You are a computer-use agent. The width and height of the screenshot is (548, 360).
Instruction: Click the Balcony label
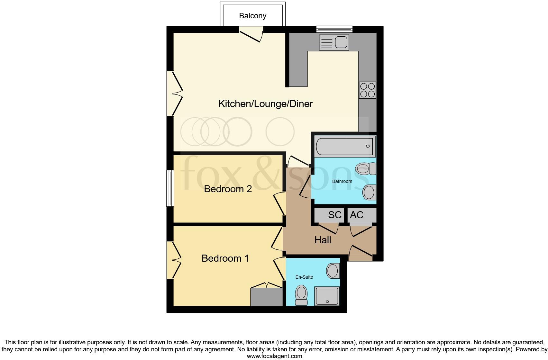[x=252, y=16]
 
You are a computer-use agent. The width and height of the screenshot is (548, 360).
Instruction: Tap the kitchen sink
[x=334, y=42]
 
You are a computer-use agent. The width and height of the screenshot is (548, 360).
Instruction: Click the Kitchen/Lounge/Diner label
[x=265, y=104]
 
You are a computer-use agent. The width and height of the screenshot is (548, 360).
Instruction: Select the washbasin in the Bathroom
[x=369, y=193]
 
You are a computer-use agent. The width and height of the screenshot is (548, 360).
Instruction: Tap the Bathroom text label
[x=342, y=181]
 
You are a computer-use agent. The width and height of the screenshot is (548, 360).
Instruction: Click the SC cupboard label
[x=334, y=215]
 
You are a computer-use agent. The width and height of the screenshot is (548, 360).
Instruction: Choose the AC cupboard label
[x=356, y=215]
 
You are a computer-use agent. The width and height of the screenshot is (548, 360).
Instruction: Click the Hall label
[x=323, y=240]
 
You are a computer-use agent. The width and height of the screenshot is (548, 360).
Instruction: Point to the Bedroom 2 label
[x=228, y=189]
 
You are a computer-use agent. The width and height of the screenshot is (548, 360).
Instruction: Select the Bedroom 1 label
[x=225, y=258]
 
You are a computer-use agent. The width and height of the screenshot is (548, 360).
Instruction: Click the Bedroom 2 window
[x=170, y=188]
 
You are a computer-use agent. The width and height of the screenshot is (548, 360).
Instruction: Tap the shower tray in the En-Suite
[x=327, y=296]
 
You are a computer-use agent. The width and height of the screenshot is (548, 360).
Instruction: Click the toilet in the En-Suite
[x=301, y=295]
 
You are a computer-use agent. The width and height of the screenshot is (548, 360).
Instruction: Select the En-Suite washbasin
[x=333, y=271]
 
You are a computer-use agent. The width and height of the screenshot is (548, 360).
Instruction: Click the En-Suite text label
[x=304, y=277]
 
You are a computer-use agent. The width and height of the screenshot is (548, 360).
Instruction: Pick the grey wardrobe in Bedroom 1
[x=267, y=297]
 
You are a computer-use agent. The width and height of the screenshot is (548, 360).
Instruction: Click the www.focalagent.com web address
[x=274, y=356]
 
